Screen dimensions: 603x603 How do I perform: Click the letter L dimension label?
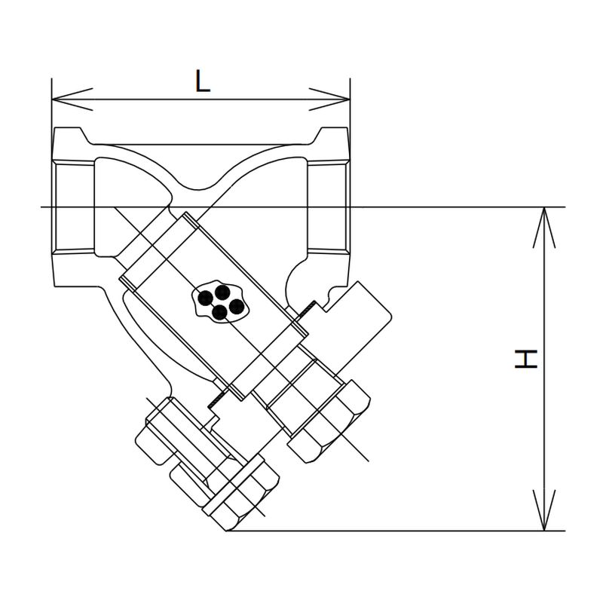202,81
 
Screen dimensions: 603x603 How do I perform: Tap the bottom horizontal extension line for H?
392,531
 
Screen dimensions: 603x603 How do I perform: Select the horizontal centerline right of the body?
452,207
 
